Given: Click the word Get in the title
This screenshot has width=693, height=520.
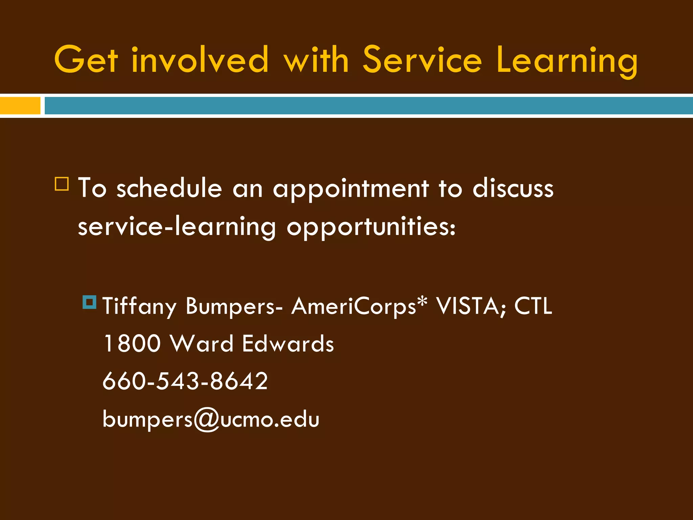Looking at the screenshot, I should tap(86, 60).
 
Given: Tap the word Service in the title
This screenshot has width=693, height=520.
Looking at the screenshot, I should tap(422, 60).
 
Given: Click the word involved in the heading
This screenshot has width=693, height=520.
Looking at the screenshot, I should tap(200, 60).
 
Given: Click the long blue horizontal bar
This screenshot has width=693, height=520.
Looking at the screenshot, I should tap(368, 106).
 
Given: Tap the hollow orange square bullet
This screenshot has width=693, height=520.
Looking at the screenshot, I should tap(62, 184).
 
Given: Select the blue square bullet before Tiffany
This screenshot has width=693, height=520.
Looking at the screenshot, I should tap(90, 302).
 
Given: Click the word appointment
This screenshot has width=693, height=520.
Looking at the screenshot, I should tap(351, 189).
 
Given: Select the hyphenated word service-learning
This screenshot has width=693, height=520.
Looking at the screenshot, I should tap(177, 227).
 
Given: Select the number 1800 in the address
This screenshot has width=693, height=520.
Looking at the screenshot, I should tap(132, 344).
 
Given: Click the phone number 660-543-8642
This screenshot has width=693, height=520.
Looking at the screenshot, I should tap(185, 381).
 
